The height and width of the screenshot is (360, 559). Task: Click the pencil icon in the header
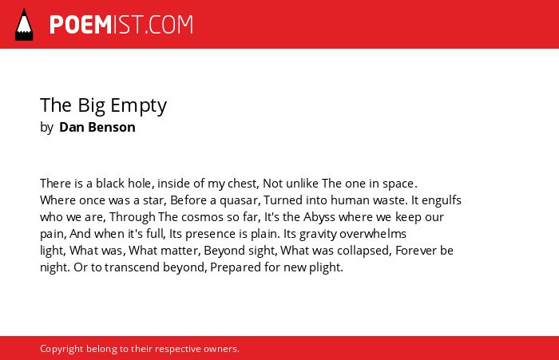point(24,25)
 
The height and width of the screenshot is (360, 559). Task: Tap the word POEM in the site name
point(81,25)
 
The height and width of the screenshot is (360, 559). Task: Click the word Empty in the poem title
point(138,106)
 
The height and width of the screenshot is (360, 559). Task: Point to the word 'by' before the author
point(46,128)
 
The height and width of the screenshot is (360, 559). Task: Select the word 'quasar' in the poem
point(240,200)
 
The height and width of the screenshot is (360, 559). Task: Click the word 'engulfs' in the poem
point(442,200)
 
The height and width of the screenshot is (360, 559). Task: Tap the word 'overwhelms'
point(373,234)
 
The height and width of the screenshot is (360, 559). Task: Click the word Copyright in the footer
point(61,349)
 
